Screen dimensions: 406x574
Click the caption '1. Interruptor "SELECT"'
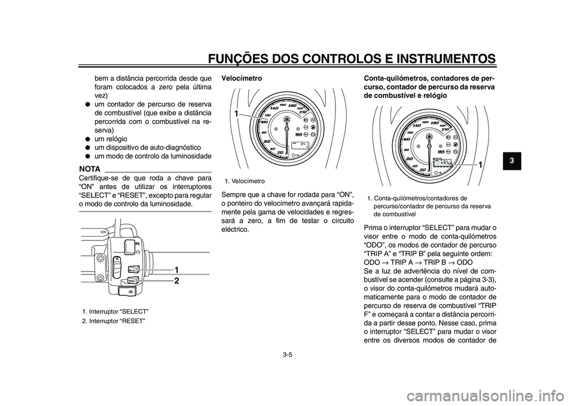115,312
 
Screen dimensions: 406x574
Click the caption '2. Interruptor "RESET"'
114,321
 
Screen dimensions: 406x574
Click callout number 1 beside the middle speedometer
236,113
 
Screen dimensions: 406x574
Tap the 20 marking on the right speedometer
422,170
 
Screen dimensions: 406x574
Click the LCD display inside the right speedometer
442,163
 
